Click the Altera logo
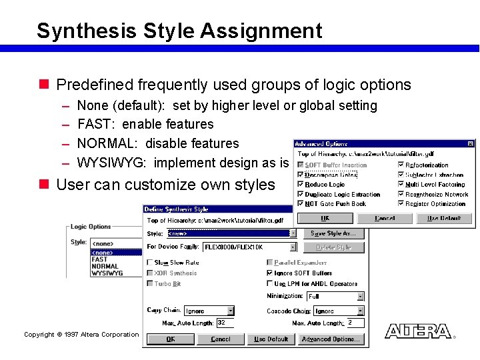coord(418,331)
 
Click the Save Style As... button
coord(333,233)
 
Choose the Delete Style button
coord(333,247)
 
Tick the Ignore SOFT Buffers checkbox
coord(269,273)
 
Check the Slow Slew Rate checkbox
coord(149,263)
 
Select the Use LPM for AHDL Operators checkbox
coord(269,284)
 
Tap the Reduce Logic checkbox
coord(301,185)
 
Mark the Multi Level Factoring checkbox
coord(401,185)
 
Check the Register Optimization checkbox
coord(401,204)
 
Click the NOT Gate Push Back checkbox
coord(301,204)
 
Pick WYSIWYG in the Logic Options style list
coord(107,273)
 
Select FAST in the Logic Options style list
coord(99,259)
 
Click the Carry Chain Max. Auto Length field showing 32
coord(225,323)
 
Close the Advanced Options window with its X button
coord(471,143)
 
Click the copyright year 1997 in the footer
coord(70,335)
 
